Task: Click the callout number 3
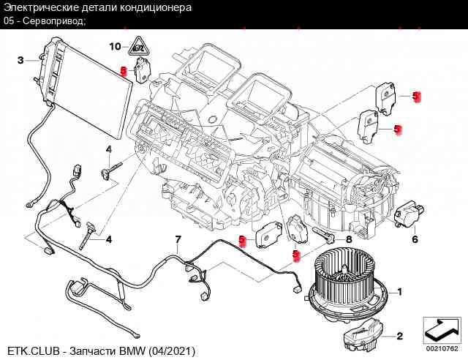20,59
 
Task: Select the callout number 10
115,46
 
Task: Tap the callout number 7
177,240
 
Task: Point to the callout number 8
349,239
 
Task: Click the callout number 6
414,239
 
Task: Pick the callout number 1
399,291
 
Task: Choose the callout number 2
399,337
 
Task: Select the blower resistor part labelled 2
361,335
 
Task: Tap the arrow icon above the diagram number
442,325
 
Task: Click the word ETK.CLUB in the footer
29,351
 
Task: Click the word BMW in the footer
133,351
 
